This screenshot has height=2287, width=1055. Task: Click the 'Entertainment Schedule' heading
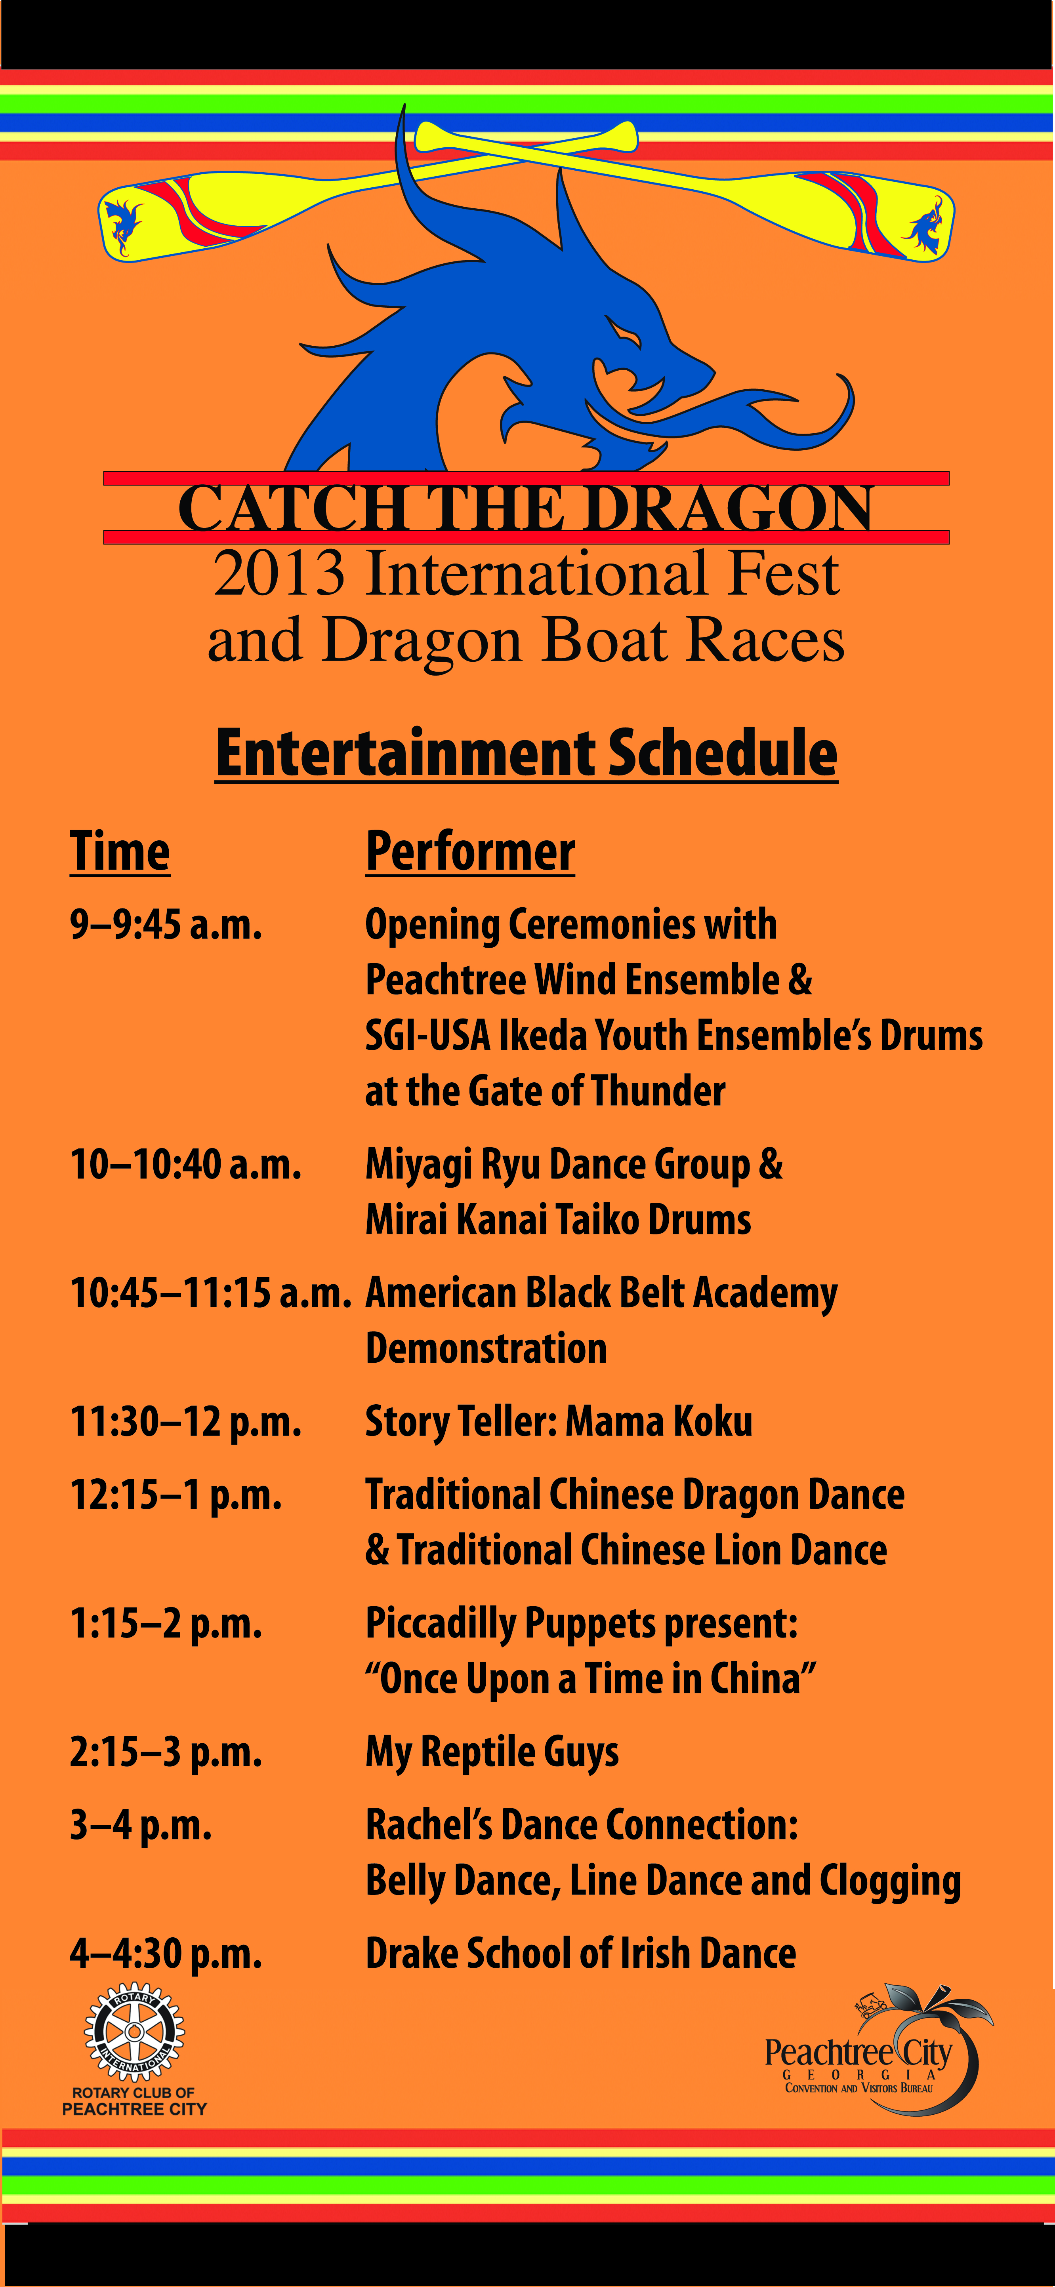527,753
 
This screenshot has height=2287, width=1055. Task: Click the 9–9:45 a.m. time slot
166,924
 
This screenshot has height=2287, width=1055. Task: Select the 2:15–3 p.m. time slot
166,1752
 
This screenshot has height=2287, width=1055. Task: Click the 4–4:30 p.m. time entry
166,1953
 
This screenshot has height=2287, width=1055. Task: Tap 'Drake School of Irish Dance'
581,1953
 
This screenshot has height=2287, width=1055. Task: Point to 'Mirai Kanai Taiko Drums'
558,1220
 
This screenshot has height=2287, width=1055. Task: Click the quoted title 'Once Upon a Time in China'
591,1679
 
